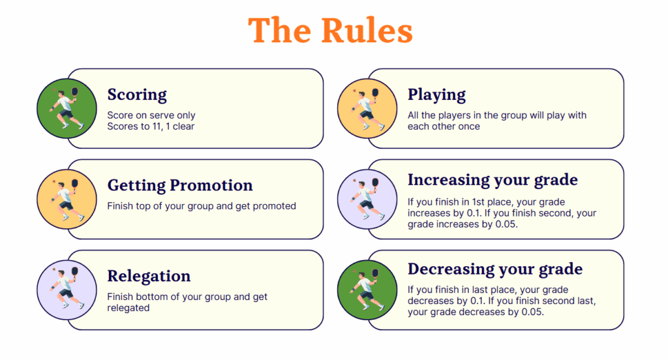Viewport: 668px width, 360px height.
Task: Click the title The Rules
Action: click(x=330, y=30)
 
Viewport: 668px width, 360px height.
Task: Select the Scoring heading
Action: click(x=137, y=95)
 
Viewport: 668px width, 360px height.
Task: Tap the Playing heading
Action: click(x=436, y=95)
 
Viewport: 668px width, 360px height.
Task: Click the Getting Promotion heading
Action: click(x=180, y=186)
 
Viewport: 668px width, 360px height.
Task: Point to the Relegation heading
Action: click(x=149, y=277)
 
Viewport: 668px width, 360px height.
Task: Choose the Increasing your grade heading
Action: click(x=493, y=179)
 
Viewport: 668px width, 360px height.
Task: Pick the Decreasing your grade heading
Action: click(x=495, y=269)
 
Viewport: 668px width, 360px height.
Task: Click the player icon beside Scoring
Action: click(x=67, y=108)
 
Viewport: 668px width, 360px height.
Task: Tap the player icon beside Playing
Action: click(x=367, y=108)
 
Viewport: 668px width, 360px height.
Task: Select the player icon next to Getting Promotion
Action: click(x=67, y=199)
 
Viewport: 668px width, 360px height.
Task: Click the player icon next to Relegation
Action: click(x=67, y=289)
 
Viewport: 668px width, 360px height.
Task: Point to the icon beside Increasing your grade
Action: click(x=367, y=199)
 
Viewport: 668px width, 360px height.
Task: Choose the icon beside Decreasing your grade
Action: click(x=367, y=289)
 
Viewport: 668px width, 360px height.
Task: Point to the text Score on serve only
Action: click(x=151, y=115)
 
